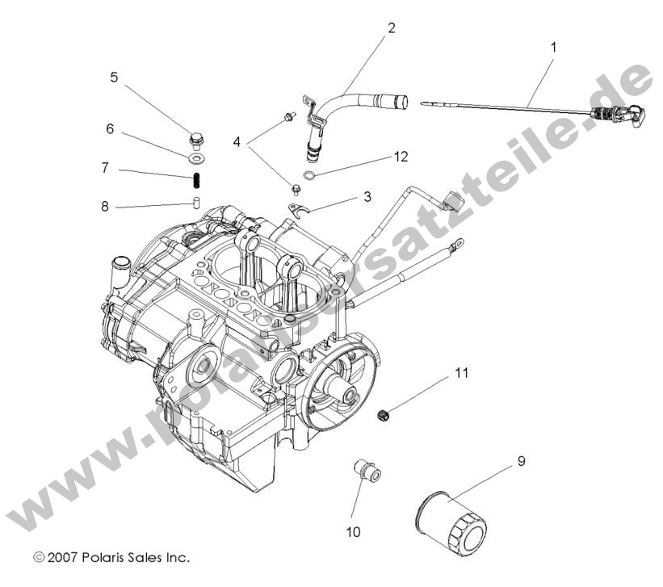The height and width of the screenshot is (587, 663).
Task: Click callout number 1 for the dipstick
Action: click(553, 48)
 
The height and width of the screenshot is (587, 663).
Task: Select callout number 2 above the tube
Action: click(392, 28)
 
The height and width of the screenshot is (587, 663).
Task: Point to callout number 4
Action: click(237, 142)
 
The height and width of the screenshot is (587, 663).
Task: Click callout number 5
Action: click(114, 78)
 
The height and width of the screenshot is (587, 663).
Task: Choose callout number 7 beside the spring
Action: click(105, 168)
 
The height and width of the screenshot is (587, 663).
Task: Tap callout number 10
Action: click(354, 531)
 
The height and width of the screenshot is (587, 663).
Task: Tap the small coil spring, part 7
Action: click(195, 178)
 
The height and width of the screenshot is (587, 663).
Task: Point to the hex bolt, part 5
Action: click(196, 140)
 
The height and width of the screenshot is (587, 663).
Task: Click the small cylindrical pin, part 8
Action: click(195, 201)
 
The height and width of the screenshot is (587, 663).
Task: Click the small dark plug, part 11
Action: click(385, 416)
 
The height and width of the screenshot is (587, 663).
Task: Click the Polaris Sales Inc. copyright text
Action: click(111, 557)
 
